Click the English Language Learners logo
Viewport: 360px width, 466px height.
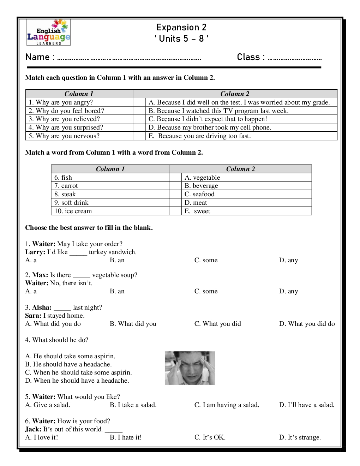tap(49, 32)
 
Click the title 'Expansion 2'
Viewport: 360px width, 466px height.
tap(181, 27)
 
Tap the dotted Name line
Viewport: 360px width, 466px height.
tap(129, 59)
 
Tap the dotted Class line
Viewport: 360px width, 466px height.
tap(294, 59)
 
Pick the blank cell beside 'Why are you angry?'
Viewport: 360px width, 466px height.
tap(139, 102)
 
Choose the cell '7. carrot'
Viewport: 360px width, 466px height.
tap(66, 186)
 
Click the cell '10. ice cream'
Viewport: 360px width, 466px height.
tap(73, 211)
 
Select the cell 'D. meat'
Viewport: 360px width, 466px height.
tap(196, 203)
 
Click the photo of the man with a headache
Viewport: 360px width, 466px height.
tap(190, 368)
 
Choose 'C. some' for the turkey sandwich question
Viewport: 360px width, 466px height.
tap(206, 260)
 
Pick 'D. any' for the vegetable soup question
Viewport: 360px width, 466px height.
tap(288, 291)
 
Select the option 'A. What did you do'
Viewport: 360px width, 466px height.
tap(53, 324)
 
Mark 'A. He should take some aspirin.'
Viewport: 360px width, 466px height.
tap(70, 356)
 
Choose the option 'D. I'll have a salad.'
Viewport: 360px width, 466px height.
tap(306, 405)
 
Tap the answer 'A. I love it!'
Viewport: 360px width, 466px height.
tap(42, 437)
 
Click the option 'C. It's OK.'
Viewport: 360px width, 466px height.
tap(210, 437)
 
